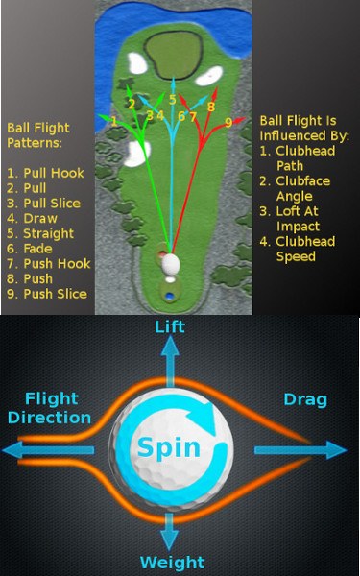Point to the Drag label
pyautogui.click(x=306, y=398)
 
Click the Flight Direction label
pyautogui.click(x=49, y=407)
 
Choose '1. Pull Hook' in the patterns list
pyautogui.click(x=47, y=173)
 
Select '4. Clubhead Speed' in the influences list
pyautogui.click(x=306, y=249)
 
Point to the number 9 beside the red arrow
pyautogui.click(x=228, y=122)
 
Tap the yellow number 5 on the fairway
pyautogui.click(x=173, y=99)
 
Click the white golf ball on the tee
pyautogui.click(x=171, y=262)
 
